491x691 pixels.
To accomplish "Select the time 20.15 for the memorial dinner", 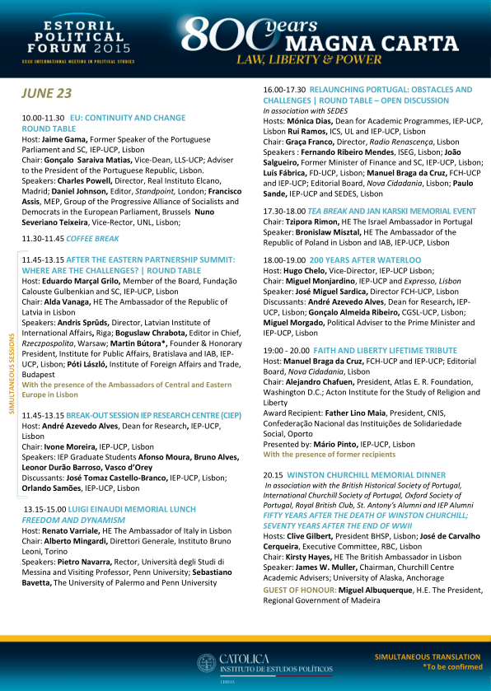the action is [x=274, y=475].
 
